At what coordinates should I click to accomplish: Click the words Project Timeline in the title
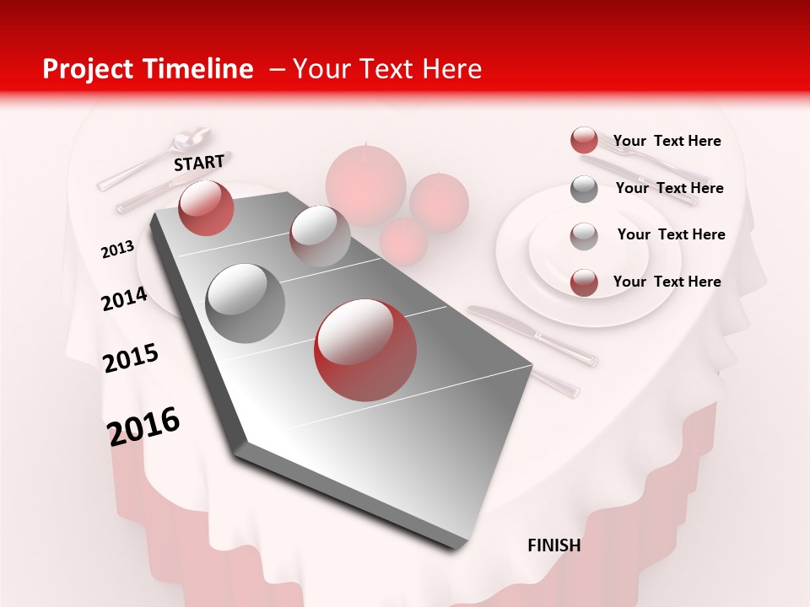(x=148, y=69)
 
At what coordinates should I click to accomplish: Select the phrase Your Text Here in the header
(x=387, y=69)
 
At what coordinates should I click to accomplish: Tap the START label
(x=199, y=163)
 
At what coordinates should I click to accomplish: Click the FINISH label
(x=554, y=545)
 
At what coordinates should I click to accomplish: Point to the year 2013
(x=117, y=250)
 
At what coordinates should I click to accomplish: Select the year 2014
(x=124, y=298)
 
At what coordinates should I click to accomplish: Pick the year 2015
(x=131, y=358)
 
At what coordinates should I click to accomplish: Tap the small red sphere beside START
(x=206, y=207)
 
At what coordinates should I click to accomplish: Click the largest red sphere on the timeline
(x=365, y=350)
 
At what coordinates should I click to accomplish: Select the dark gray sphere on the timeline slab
(x=246, y=303)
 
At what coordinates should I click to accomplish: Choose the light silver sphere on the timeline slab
(x=320, y=236)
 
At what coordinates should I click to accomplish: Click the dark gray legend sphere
(x=584, y=189)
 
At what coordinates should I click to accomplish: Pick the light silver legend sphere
(x=584, y=235)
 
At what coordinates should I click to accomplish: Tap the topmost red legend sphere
(x=584, y=141)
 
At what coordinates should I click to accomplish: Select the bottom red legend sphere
(x=584, y=282)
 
